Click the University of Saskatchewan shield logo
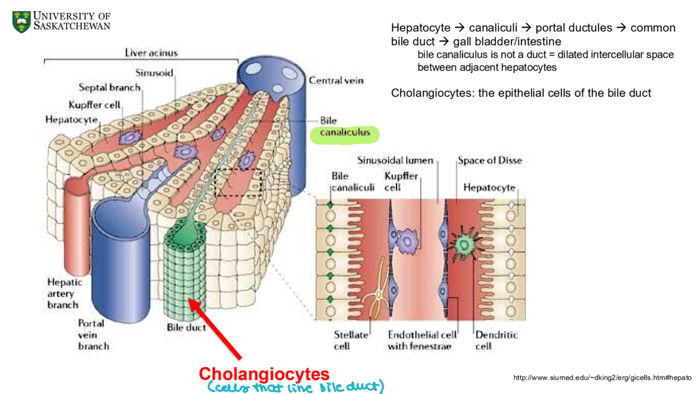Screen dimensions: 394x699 pos(21,21)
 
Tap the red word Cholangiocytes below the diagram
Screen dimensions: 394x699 pos(264,374)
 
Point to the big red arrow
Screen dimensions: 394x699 pos(215,328)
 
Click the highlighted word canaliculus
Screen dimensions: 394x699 pos(345,133)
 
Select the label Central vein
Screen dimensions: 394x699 pos(336,81)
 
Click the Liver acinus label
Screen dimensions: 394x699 pos(151,53)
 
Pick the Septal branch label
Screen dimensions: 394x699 pos(110,87)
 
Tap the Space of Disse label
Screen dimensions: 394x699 pos(489,160)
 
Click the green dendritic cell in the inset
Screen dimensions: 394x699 pos(463,244)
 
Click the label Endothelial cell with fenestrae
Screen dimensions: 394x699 pos(422,340)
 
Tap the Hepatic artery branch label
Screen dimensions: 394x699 pos(64,293)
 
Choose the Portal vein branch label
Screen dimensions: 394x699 pos(93,334)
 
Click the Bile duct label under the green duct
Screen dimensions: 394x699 pos(186,328)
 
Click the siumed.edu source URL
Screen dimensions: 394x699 pos(602,378)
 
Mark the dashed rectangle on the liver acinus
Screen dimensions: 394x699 pos(239,183)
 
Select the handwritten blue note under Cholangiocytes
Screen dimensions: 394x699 pos(296,387)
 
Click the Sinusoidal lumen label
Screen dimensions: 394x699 pos(395,160)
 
